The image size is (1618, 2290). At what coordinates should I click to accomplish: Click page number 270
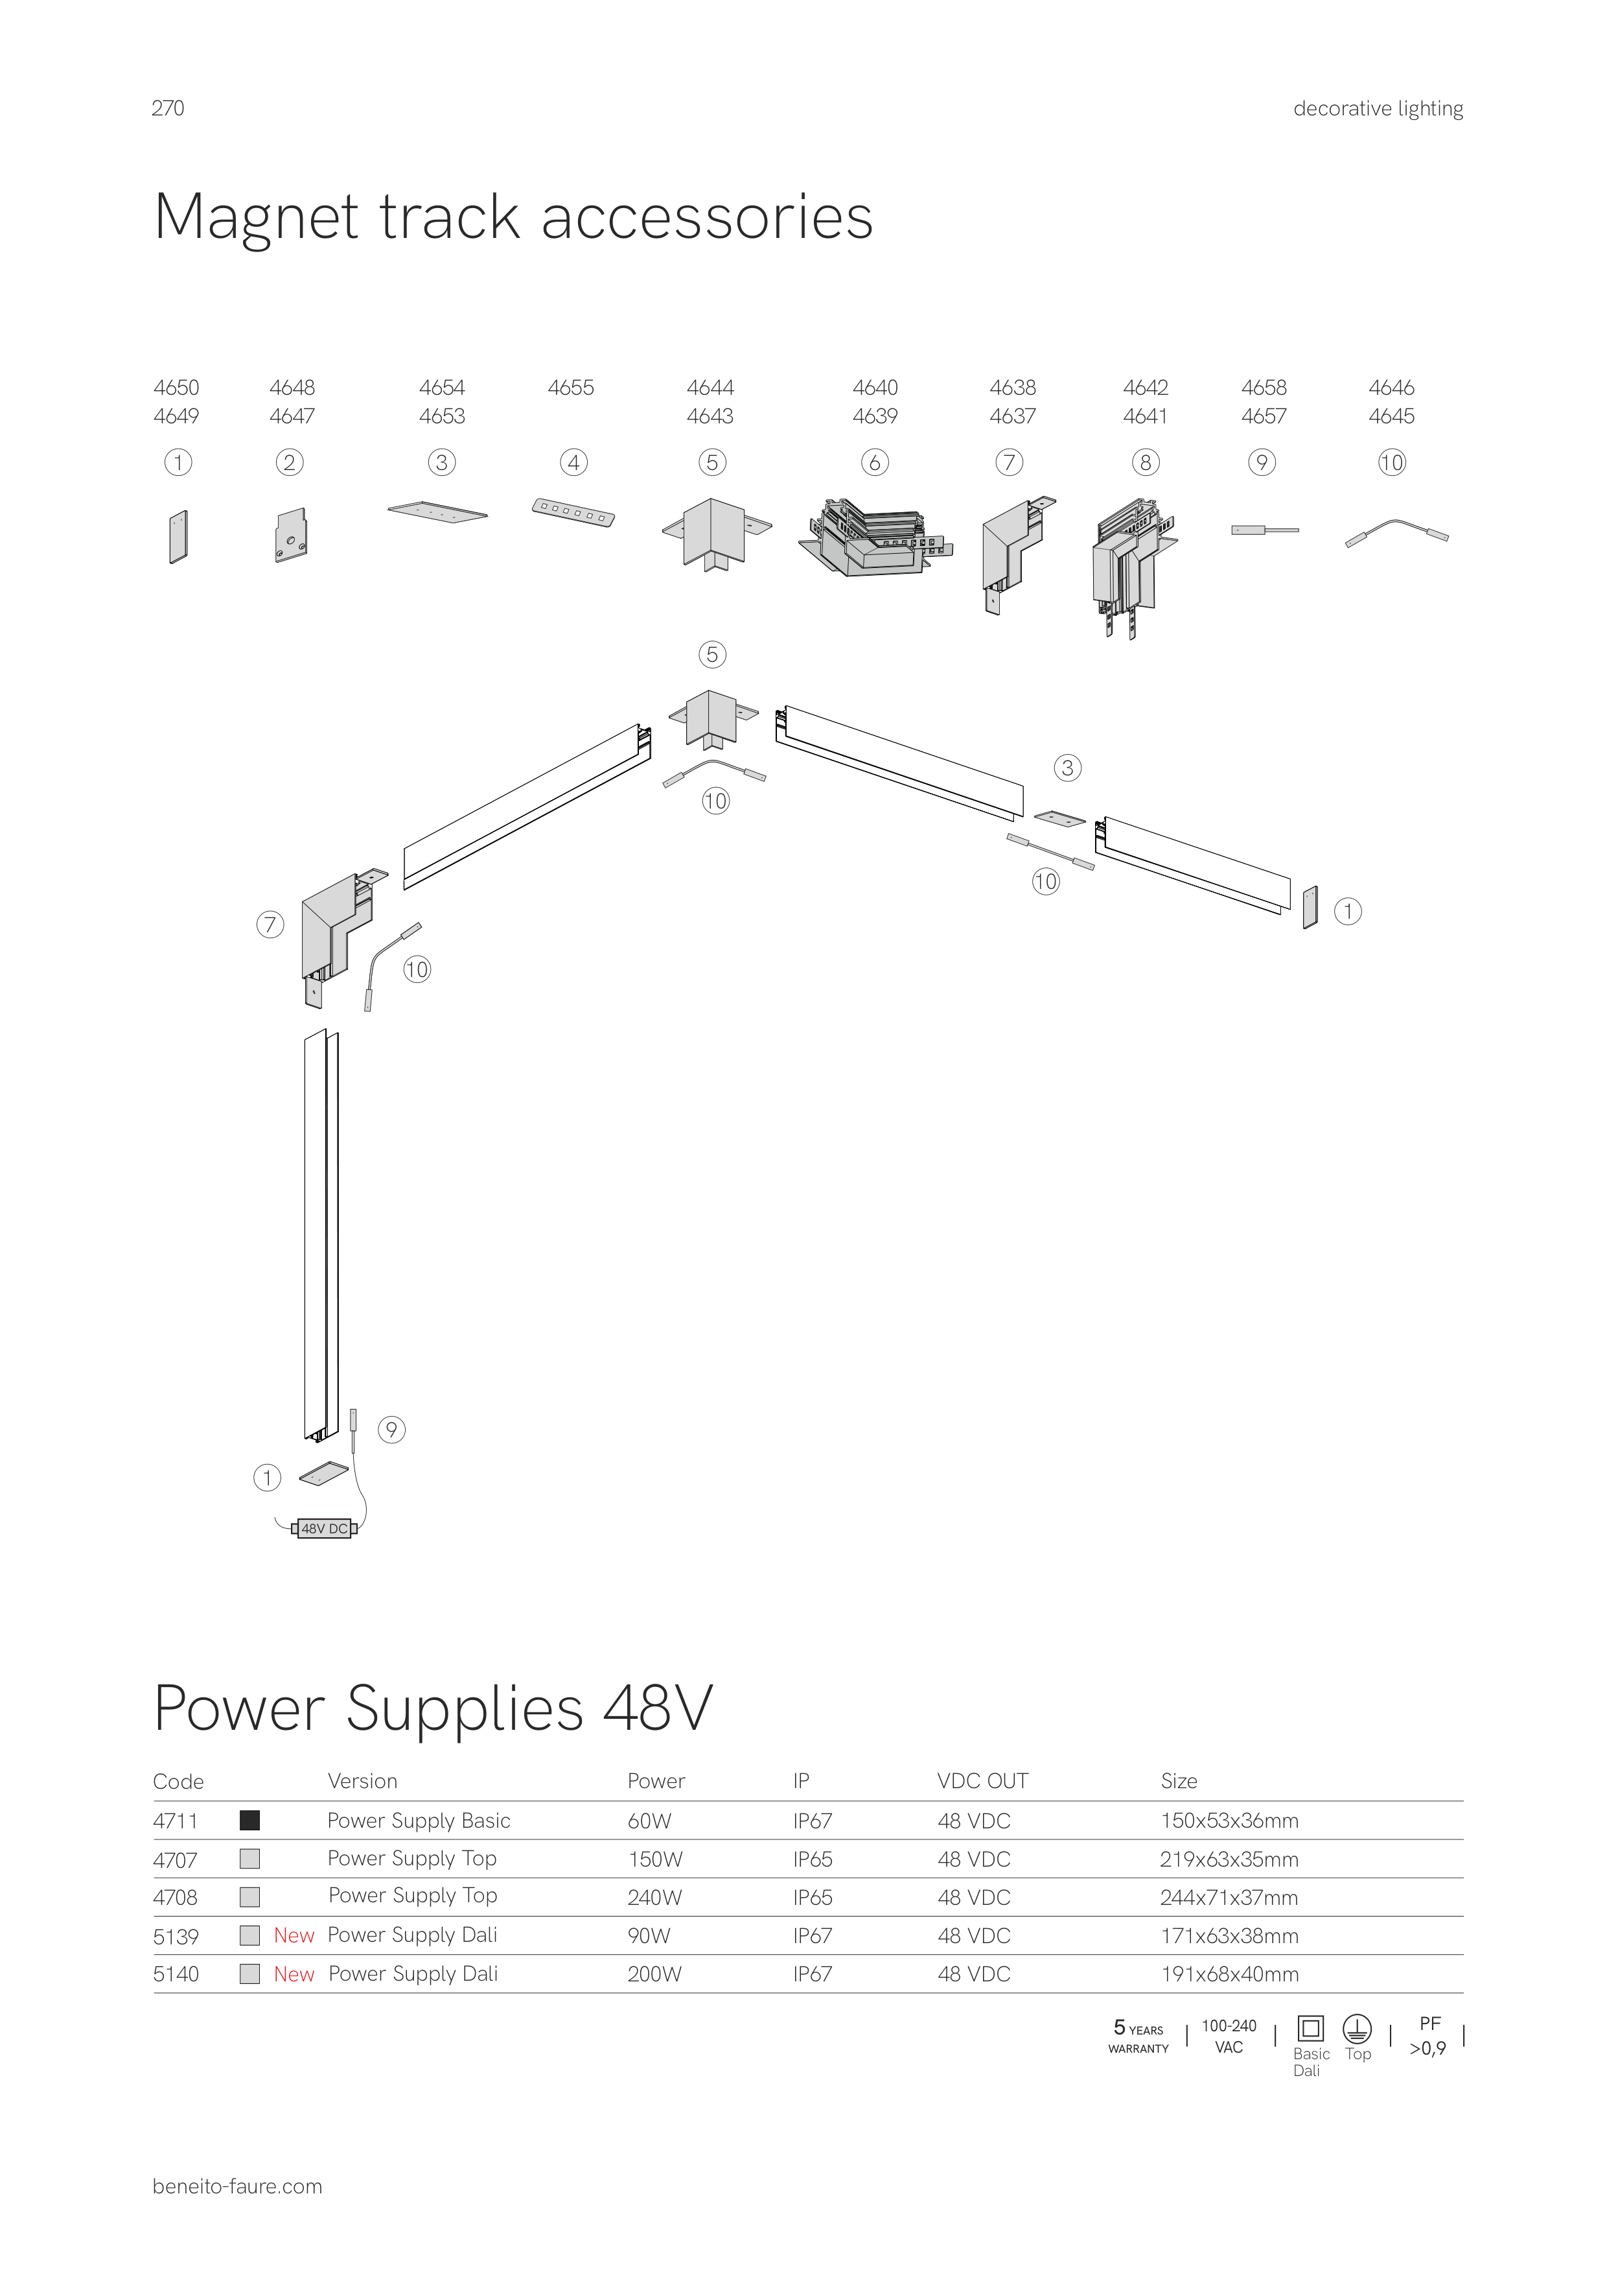[x=167, y=108]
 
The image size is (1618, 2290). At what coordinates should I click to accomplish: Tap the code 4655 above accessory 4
[x=570, y=387]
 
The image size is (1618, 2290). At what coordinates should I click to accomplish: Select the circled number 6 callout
[x=874, y=463]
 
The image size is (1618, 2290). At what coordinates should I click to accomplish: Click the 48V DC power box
[x=324, y=1528]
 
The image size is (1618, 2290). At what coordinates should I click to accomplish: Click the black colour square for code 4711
[x=250, y=1820]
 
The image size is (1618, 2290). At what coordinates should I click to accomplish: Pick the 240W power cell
[x=654, y=1897]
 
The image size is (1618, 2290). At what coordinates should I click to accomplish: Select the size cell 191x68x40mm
[x=1229, y=1974]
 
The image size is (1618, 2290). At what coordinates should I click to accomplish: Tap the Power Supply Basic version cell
[x=419, y=1820]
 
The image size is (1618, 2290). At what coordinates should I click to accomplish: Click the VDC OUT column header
[x=982, y=1780]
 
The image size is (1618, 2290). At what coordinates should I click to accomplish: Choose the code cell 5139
[x=176, y=1936]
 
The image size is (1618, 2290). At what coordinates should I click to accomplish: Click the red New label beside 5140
[x=294, y=1974]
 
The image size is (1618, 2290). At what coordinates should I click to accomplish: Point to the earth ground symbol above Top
[x=1357, y=2029]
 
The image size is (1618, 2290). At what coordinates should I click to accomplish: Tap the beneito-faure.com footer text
[x=237, y=2186]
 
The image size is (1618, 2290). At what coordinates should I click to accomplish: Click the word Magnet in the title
[x=256, y=217]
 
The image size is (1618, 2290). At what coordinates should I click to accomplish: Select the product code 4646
[x=1391, y=387]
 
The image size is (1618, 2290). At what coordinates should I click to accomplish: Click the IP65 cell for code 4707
[x=813, y=1859]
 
